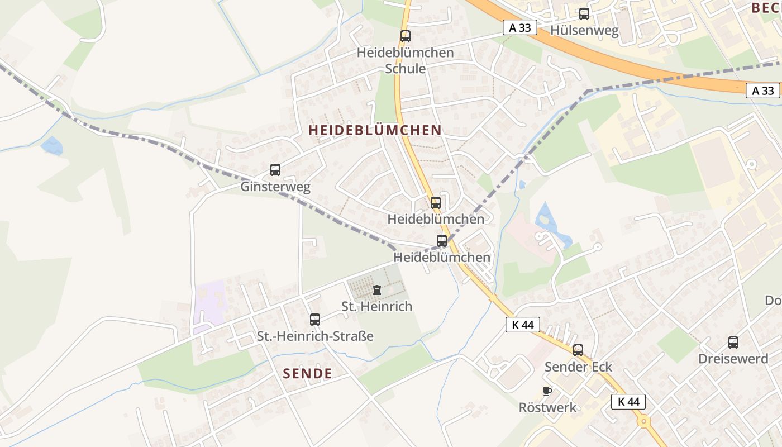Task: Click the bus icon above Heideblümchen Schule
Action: click(x=405, y=36)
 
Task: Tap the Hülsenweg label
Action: click(x=584, y=30)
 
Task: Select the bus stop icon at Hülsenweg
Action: click(x=584, y=14)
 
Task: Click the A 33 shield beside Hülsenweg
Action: click(x=519, y=27)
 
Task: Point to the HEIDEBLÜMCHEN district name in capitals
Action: click(x=375, y=130)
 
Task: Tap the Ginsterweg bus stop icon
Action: click(x=275, y=170)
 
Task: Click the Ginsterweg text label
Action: click(x=275, y=186)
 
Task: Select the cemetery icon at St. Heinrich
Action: click(x=377, y=290)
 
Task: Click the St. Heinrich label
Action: click(x=377, y=306)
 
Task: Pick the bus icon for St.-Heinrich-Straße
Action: click(x=315, y=320)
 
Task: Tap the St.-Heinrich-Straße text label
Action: click(x=315, y=336)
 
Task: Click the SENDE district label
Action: click(x=307, y=373)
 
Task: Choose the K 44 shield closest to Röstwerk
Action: click(x=628, y=401)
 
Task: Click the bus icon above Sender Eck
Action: click(x=578, y=350)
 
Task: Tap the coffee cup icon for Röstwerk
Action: click(x=547, y=391)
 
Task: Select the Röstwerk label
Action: click(x=547, y=407)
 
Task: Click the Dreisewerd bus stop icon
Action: click(x=733, y=343)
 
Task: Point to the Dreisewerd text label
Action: click(x=733, y=359)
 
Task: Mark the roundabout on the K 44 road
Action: click(x=644, y=421)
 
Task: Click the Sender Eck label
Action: click(x=578, y=367)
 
